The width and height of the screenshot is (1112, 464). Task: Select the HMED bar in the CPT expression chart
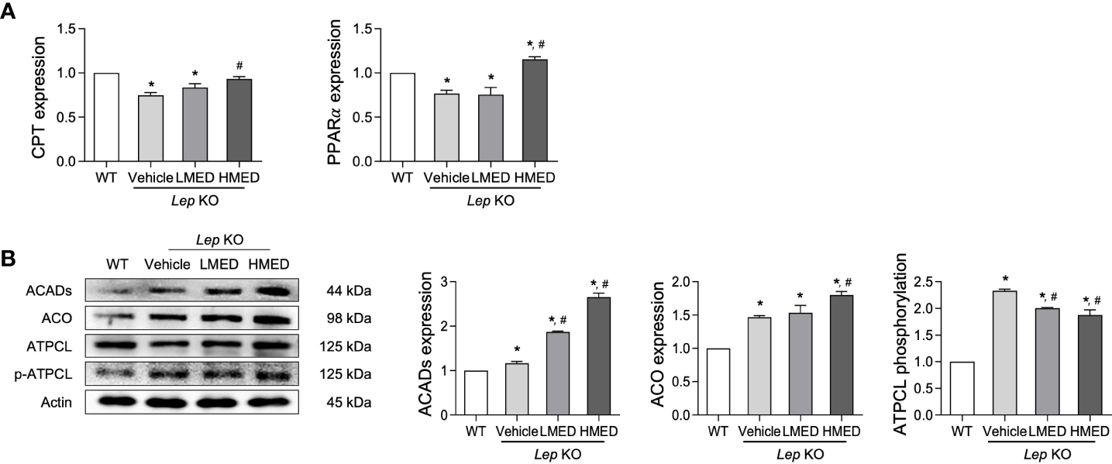tap(240, 120)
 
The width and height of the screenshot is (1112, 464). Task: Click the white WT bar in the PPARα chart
tap(400, 117)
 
